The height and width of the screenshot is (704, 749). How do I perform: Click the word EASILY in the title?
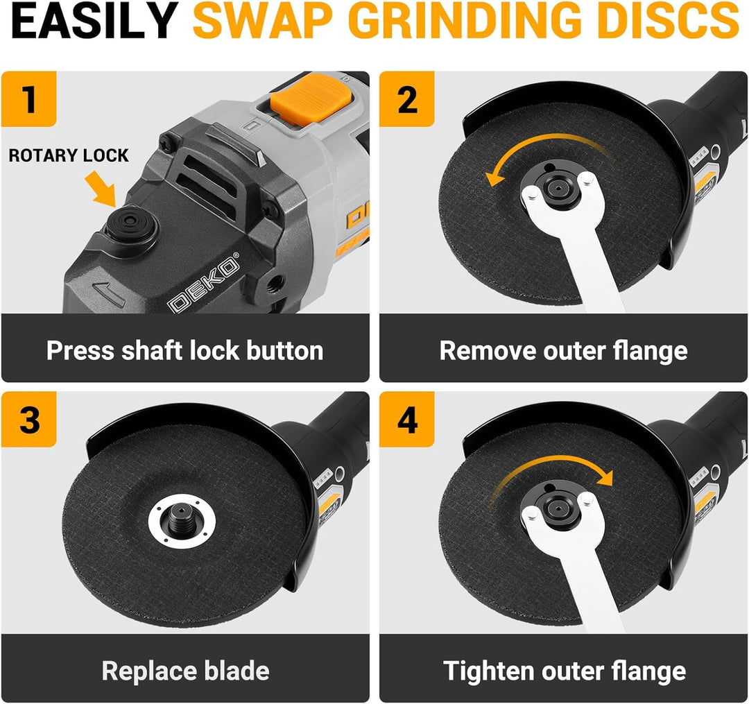[x=94, y=20]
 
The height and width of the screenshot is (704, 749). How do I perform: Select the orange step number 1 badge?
[x=29, y=99]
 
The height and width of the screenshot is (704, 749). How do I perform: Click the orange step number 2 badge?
[x=407, y=99]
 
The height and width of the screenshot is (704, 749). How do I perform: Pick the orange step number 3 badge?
[x=29, y=420]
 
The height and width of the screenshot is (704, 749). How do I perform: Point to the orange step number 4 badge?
[x=407, y=420]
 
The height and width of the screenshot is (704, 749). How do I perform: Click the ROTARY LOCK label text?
[x=69, y=155]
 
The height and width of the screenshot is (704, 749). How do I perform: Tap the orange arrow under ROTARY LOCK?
[x=101, y=189]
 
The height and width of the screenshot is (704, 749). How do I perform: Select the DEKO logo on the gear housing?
[x=203, y=285]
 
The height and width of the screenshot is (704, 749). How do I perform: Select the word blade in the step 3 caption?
[x=237, y=671]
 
